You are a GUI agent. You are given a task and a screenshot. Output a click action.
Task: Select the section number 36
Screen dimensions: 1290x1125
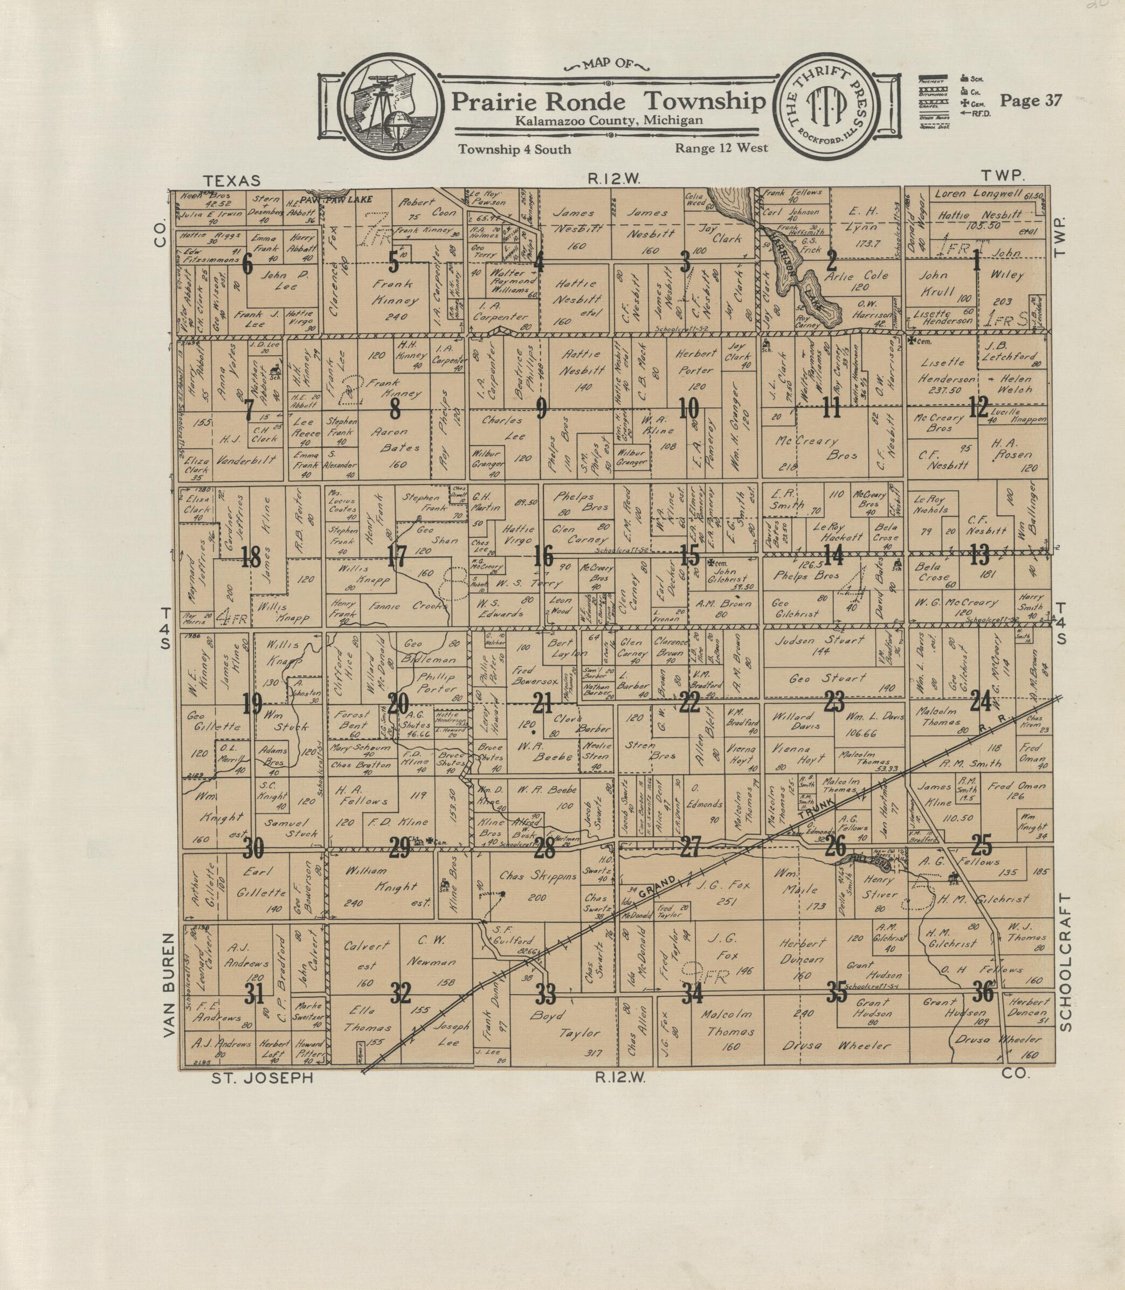(983, 991)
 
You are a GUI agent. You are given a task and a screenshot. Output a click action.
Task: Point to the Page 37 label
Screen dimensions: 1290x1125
(1030, 100)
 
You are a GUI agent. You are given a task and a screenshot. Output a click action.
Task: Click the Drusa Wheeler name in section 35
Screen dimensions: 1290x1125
(836, 1045)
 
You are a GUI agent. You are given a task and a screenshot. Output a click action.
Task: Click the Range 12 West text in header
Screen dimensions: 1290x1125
(721, 149)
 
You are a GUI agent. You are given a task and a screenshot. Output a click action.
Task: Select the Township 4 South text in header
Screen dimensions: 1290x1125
(515, 149)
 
